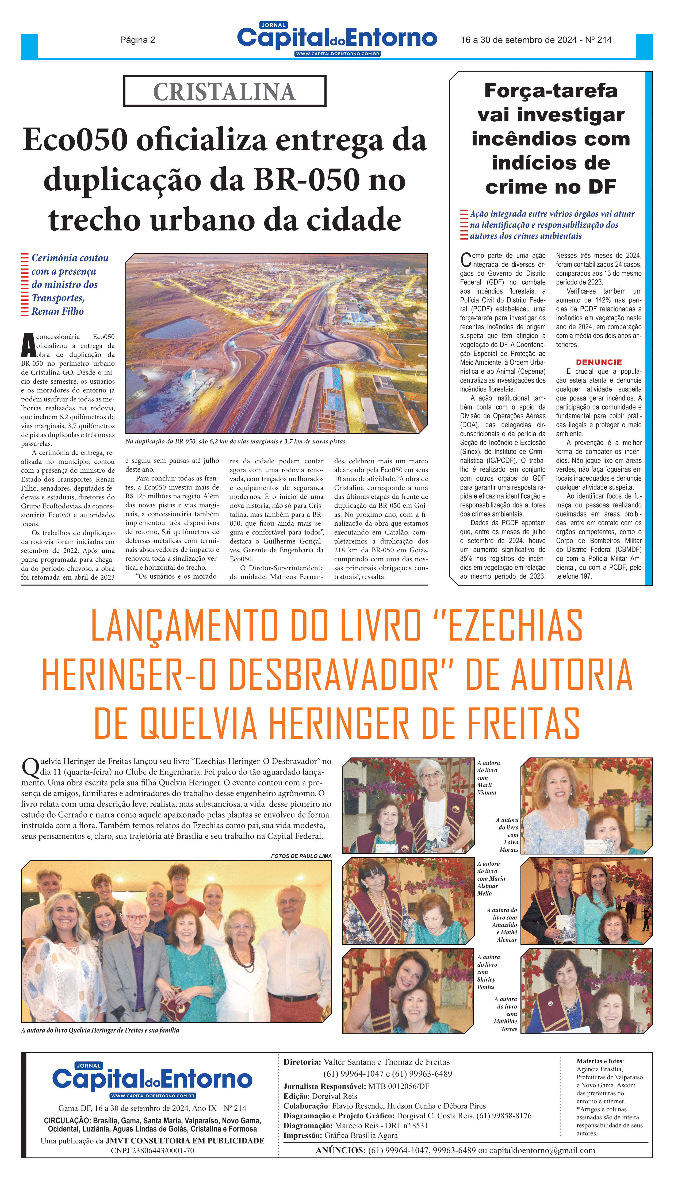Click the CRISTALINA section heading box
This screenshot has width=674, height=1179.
point(224,91)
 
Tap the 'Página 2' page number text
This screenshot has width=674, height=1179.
point(137,40)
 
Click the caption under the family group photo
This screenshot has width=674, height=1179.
point(100,1030)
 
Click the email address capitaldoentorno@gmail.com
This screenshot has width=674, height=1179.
point(542,1150)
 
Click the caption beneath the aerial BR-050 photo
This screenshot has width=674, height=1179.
point(235,441)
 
